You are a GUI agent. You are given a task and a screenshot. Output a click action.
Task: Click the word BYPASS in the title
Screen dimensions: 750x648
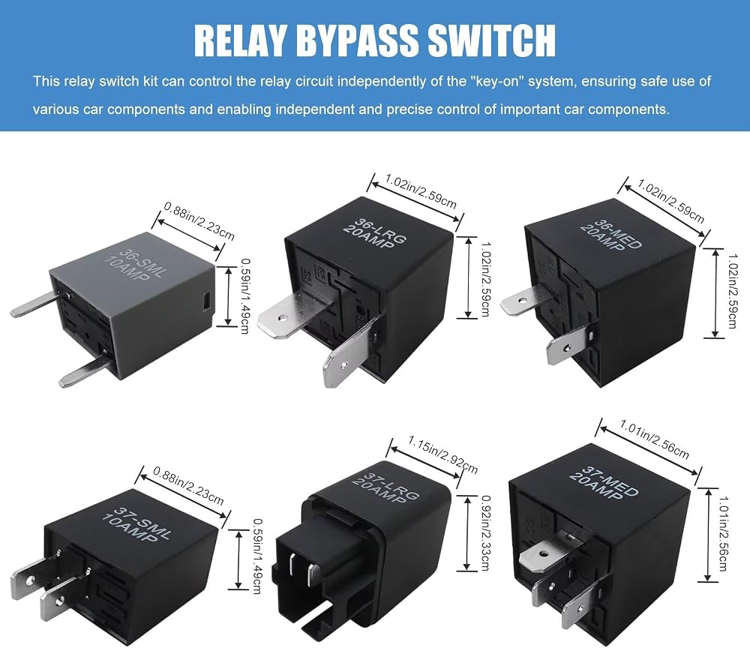tap(358, 40)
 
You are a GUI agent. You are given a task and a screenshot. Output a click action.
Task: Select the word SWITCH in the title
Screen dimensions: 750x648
tap(492, 40)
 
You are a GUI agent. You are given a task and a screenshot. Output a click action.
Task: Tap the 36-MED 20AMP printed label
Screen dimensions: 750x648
tap(610, 235)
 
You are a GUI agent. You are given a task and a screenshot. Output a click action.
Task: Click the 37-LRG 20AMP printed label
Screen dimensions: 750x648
tap(385, 487)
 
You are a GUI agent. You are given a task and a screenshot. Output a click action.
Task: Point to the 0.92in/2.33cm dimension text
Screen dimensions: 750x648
tap(485, 532)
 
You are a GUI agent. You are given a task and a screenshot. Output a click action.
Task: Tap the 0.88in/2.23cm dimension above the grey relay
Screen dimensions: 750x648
tap(199, 220)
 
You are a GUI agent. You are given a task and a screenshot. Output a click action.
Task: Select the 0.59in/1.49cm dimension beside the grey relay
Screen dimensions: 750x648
tap(244, 296)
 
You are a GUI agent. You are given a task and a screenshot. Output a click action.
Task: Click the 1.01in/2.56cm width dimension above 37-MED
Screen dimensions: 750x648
tap(654, 439)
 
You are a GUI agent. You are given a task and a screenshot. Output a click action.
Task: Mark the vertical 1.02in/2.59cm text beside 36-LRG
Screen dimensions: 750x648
tap(484, 279)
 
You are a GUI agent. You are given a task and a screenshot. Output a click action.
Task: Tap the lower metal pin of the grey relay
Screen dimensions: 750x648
tap(86, 371)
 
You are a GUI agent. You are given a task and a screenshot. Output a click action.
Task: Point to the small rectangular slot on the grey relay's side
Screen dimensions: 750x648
tap(205, 301)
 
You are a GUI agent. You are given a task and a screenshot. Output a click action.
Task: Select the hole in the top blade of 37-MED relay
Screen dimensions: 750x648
tap(543, 554)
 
